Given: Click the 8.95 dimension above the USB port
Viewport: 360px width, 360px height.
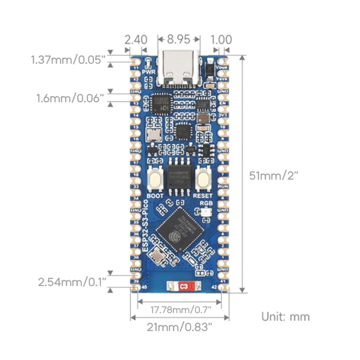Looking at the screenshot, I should point(179,39).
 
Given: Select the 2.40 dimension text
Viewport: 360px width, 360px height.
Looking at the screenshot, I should point(135,39).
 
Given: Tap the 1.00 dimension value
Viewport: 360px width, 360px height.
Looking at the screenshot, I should point(221,39).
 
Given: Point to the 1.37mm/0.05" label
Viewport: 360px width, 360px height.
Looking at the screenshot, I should point(68,59).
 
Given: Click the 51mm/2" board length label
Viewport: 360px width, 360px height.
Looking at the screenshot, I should point(274,175).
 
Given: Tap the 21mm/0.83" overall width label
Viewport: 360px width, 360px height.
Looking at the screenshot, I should point(179,327).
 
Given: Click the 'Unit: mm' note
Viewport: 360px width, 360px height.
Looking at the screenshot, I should point(286,316).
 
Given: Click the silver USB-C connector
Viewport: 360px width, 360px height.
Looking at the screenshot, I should point(180,70).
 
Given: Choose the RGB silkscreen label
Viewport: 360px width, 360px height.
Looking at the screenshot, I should point(205,203).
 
